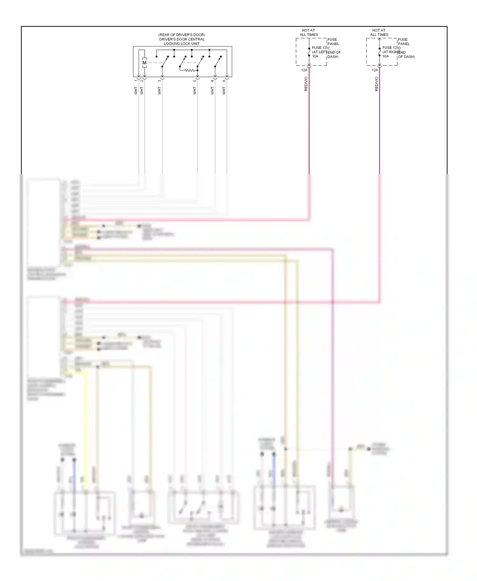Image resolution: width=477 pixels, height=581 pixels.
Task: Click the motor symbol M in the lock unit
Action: (144, 63)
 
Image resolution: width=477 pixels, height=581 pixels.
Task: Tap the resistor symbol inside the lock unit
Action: (190, 70)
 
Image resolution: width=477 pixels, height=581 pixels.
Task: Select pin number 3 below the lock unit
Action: (159, 81)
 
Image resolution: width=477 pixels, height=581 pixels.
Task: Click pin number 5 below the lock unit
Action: (195, 81)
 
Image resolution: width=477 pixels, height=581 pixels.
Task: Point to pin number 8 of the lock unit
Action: (224, 81)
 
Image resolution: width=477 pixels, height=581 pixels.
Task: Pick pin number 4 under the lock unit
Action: (212, 81)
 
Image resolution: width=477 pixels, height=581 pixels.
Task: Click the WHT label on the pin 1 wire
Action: (136, 91)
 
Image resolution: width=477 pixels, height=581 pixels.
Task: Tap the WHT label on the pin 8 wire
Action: (224, 91)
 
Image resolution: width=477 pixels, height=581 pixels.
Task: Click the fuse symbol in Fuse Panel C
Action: (309, 52)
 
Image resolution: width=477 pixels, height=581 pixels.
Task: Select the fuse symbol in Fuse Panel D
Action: (379, 52)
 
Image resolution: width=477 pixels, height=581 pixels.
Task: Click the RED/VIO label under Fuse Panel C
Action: (306, 84)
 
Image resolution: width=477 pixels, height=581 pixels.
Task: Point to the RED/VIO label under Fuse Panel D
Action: (377, 84)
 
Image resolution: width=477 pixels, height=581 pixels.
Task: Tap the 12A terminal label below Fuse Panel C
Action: (304, 70)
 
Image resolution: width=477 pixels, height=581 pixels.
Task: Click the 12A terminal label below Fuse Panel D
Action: (375, 70)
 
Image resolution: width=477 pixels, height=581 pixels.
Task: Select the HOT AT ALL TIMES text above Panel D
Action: (379, 32)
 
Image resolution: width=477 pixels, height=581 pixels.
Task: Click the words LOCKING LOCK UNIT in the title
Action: (182, 44)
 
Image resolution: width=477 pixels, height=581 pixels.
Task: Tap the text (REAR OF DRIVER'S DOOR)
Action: (182, 35)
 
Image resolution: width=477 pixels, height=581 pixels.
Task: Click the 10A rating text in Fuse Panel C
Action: (315, 56)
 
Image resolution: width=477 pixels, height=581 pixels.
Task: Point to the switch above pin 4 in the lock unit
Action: (218, 62)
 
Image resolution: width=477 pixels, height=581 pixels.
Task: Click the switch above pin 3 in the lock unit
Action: (165, 62)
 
